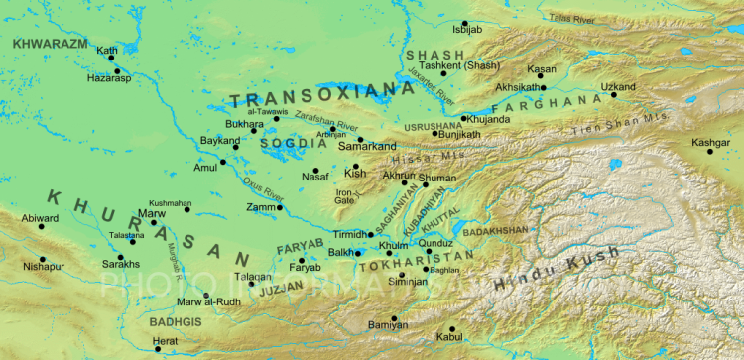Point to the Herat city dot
pos(157,349)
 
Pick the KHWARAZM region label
pos(49,45)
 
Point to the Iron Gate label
pos(345,196)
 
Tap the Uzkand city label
pos(617,87)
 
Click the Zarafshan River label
pos(332,126)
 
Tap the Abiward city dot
pos(42,227)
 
